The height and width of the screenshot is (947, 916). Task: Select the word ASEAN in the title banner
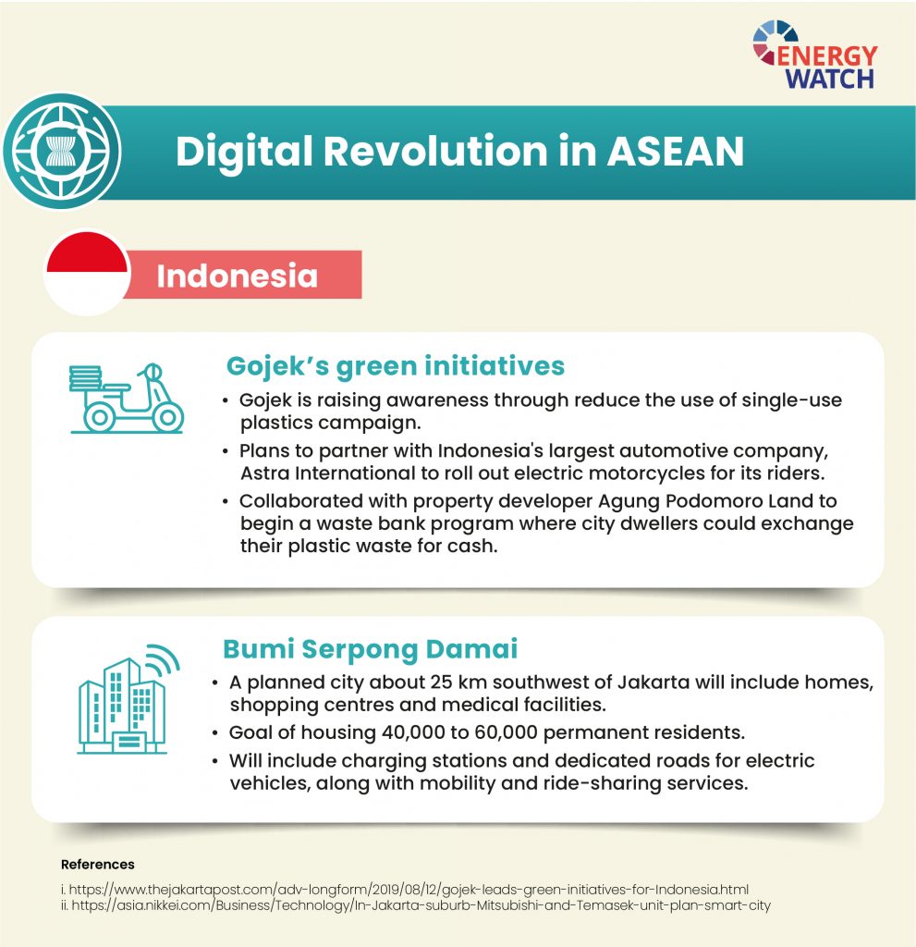click(x=675, y=153)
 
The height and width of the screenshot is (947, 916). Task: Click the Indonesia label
click(x=237, y=276)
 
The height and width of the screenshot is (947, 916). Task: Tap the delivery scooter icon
click(x=127, y=399)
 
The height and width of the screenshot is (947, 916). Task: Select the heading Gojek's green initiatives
click(x=395, y=365)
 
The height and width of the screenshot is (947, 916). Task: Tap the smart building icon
click(x=123, y=702)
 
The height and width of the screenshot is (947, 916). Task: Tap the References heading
click(x=97, y=865)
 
